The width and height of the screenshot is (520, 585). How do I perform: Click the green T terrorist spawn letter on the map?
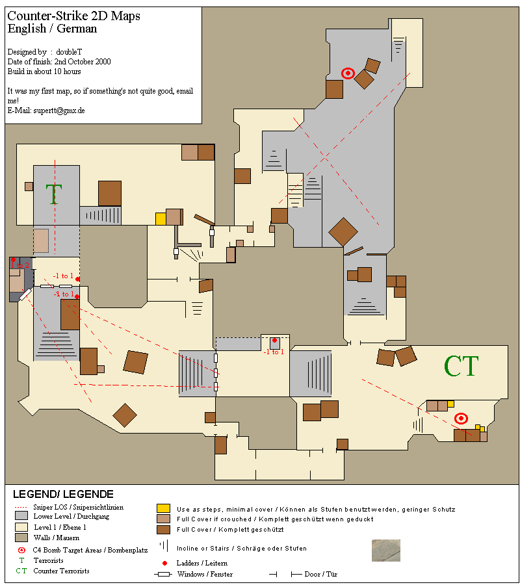54,194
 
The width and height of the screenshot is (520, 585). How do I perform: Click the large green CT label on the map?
461,365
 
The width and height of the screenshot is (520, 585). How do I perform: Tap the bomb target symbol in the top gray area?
348,73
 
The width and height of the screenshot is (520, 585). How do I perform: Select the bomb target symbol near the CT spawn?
461,419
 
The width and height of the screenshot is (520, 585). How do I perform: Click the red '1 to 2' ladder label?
19,265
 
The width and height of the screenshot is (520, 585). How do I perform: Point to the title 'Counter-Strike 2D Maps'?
74,16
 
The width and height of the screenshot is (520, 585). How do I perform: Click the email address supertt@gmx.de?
59,110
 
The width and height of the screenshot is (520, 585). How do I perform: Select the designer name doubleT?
69,52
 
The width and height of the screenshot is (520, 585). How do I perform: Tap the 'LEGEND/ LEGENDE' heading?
63,495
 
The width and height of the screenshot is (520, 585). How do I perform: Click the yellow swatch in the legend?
163,508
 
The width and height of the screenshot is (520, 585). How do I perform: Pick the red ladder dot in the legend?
164,563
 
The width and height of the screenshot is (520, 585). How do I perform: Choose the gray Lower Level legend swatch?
21,515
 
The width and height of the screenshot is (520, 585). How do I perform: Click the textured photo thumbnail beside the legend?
386,551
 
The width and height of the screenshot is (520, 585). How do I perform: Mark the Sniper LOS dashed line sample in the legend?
21,508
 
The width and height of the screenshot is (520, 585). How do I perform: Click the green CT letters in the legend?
21,571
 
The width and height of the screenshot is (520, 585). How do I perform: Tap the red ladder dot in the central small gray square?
274,340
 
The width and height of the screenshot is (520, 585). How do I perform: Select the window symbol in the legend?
164,574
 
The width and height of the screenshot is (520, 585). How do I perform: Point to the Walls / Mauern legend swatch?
21,538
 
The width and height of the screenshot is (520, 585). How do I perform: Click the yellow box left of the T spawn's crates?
161,218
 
